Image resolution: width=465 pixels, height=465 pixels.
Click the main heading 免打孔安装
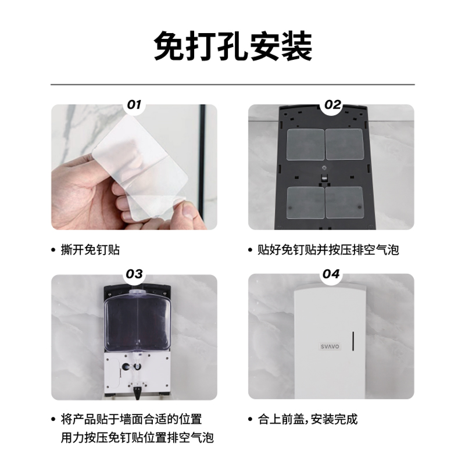(233, 46)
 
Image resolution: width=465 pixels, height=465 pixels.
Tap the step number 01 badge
(134, 105)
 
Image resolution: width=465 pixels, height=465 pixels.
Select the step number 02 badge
(332, 105)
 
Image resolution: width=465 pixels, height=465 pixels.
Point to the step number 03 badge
(134, 274)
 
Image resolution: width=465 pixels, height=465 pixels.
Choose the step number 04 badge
(331, 274)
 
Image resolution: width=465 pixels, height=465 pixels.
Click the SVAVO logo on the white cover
(330, 346)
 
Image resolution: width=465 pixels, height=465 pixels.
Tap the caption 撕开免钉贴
(90, 250)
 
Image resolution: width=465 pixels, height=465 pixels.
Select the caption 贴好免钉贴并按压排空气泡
(328, 250)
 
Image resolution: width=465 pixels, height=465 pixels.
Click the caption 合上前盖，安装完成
(307, 419)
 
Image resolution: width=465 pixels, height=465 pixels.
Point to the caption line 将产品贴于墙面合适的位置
(131, 419)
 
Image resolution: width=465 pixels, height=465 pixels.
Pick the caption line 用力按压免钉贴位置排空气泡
(137, 438)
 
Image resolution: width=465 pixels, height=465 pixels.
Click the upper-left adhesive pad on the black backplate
(305, 144)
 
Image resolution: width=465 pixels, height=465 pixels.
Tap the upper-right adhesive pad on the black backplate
(344, 144)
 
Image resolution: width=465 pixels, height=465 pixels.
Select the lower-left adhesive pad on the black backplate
(306, 203)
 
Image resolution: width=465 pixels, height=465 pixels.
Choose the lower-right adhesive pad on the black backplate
(344, 202)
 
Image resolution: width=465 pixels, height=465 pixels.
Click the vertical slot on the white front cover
(353, 341)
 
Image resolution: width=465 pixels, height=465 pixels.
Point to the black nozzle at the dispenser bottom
(138, 393)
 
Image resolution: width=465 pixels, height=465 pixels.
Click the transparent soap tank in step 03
(138, 321)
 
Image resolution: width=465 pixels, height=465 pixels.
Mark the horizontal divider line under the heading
(233, 84)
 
